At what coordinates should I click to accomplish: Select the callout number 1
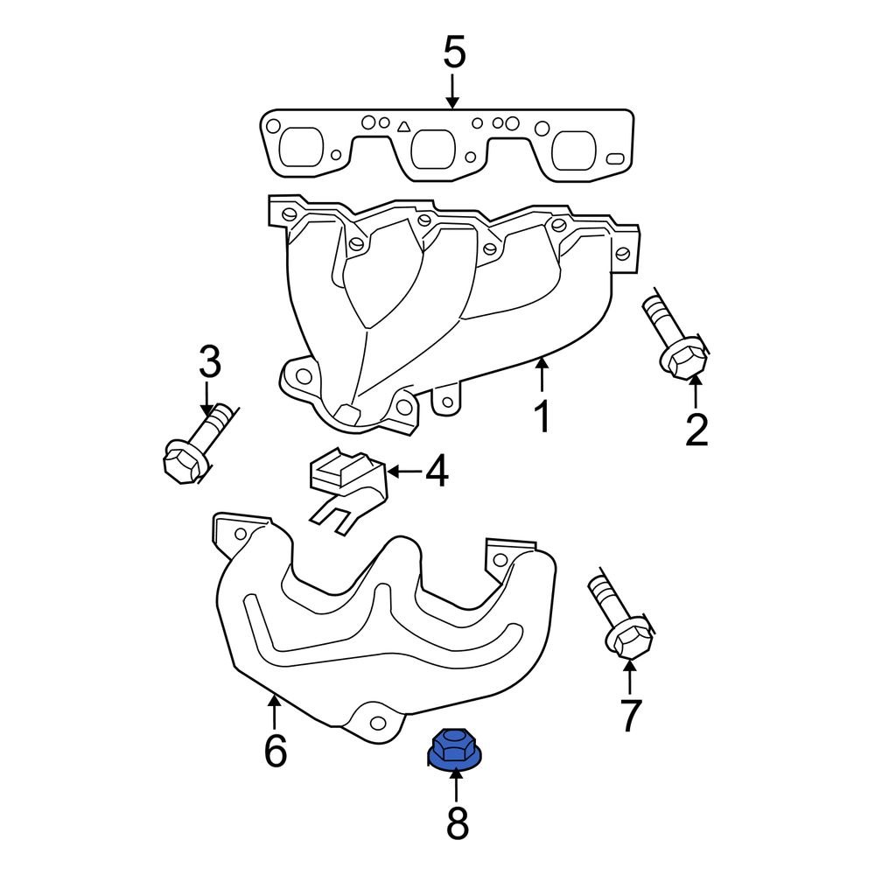542,417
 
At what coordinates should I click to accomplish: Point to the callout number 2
696,430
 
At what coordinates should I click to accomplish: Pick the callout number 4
437,472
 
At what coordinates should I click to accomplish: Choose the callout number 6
275,751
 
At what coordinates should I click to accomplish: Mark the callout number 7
630,715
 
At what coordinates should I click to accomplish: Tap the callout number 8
457,823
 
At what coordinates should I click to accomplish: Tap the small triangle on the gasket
404,128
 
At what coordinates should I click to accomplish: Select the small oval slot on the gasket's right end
615,158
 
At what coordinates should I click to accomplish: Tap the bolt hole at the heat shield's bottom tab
378,724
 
